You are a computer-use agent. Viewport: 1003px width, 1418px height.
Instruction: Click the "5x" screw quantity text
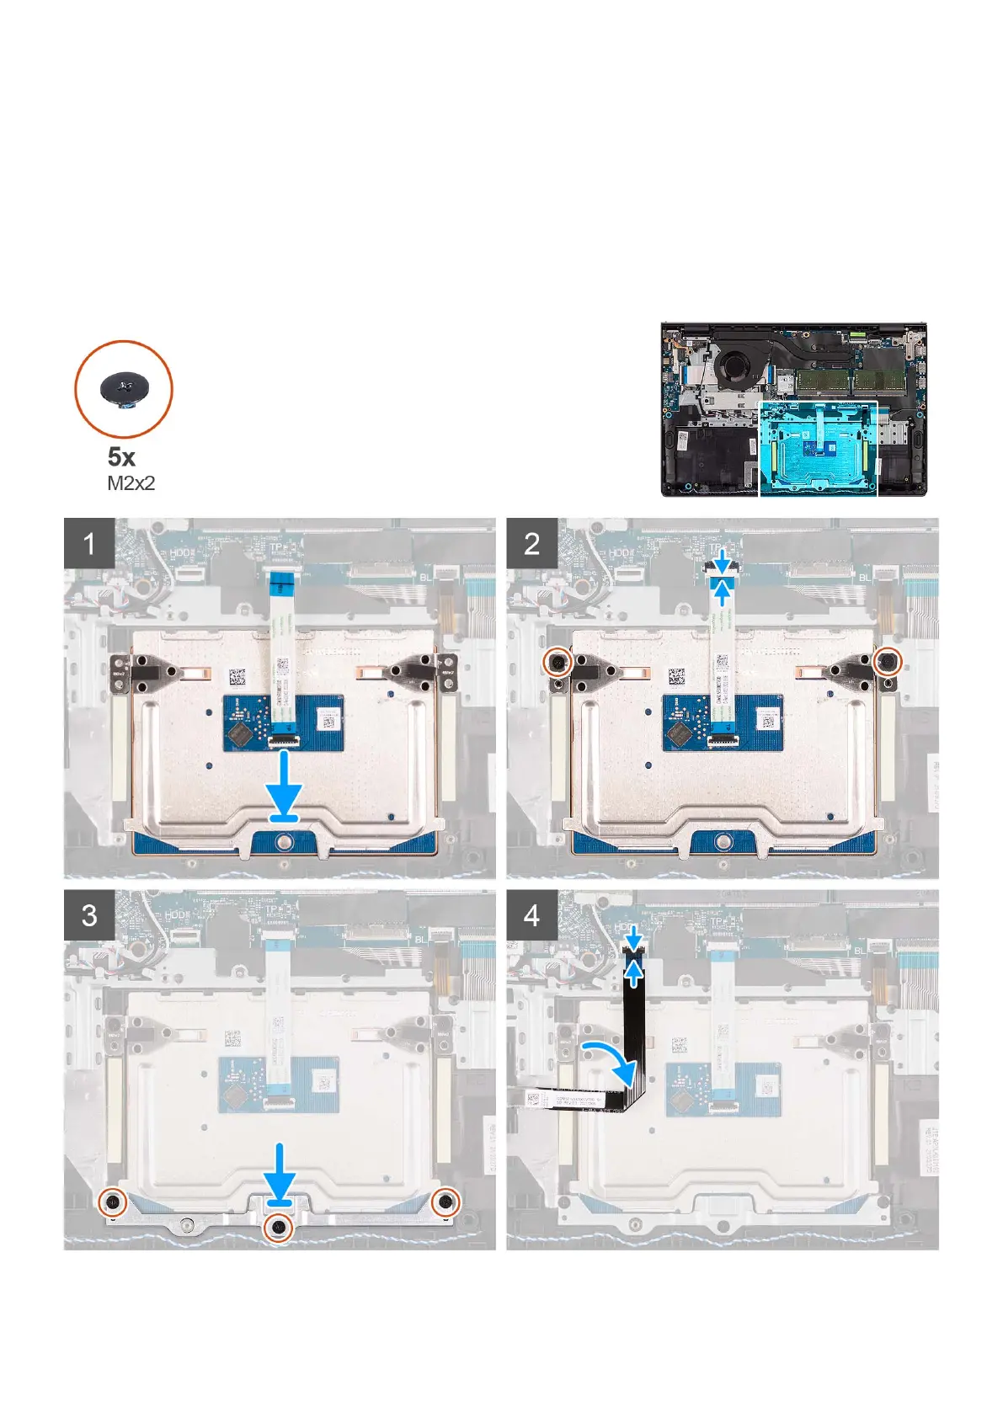[121, 457]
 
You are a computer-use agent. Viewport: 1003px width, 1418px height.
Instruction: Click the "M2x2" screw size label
[131, 483]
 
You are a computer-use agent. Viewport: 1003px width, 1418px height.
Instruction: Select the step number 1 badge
[89, 543]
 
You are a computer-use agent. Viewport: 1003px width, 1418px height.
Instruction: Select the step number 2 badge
[531, 543]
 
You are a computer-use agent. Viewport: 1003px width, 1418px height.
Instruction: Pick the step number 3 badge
[89, 915]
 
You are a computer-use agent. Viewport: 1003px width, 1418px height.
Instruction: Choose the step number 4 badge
[531, 915]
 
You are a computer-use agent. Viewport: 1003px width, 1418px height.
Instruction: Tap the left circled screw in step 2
[558, 662]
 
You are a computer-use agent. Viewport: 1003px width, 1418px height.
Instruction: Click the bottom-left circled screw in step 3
[111, 1202]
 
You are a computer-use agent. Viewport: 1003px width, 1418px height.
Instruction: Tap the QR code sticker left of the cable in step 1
[237, 677]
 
